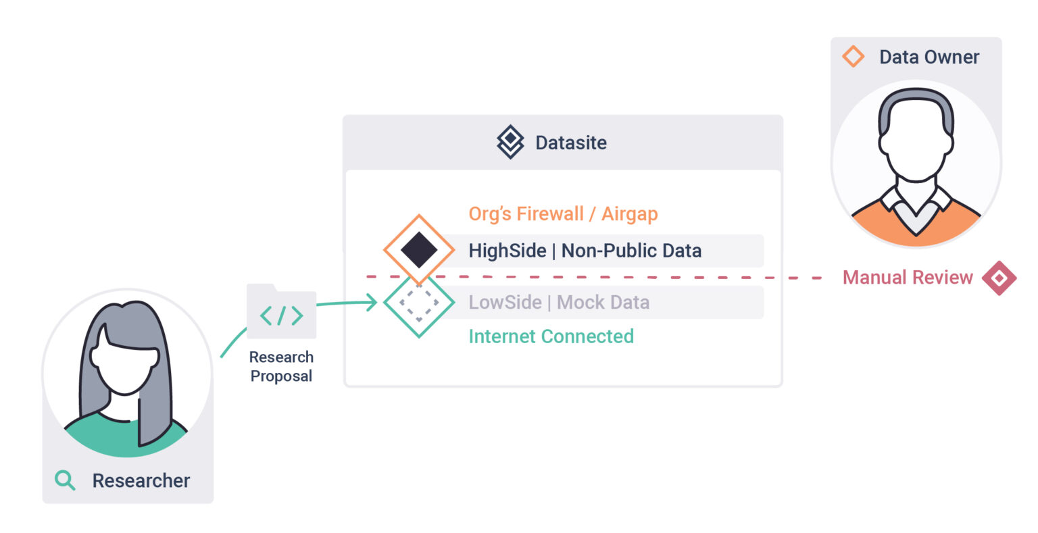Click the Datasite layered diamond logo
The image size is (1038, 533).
pos(510,142)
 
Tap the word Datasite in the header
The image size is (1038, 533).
pos(571,143)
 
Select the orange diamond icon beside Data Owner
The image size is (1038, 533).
pos(853,57)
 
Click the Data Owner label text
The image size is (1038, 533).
pos(929,57)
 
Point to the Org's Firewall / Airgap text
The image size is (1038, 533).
pos(563,214)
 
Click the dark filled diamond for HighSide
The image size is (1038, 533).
pos(419,249)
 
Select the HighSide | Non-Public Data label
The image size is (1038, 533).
pos(585,251)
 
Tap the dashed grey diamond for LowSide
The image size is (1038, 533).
pos(419,303)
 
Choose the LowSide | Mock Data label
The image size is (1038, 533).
pos(559,302)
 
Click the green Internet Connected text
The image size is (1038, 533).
pos(551,336)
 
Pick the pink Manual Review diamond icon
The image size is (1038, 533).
pos(999,278)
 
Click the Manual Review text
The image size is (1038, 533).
pos(908,278)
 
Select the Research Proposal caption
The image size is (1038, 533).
pos(281,366)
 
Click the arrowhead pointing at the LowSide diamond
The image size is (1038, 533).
pos(372,302)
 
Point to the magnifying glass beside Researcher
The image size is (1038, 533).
pos(65,480)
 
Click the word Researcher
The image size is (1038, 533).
pos(141,480)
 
